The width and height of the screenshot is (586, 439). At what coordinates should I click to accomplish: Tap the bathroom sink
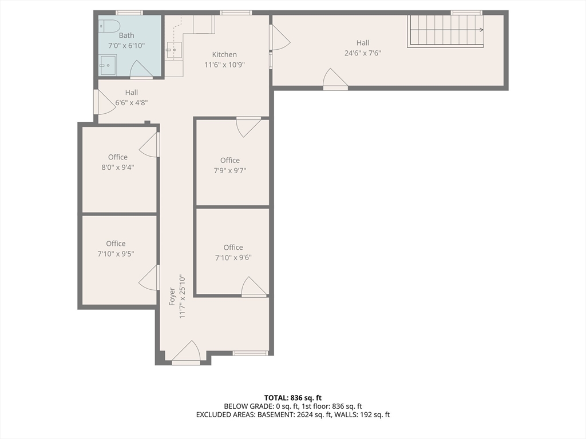pos(107,65)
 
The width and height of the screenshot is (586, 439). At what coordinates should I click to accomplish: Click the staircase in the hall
pos(445,31)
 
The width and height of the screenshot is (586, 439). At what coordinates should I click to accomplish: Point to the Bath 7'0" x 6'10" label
pos(126,40)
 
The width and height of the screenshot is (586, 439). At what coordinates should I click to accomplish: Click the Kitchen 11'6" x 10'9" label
pos(224,59)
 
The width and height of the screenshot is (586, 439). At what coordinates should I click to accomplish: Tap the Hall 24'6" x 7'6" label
pos(363,48)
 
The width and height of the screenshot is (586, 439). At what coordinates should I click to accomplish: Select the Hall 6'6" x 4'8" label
pos(132,98)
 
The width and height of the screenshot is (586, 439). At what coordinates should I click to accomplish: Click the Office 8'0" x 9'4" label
pos(118,162)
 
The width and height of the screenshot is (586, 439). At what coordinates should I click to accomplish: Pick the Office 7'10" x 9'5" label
pos(116,249)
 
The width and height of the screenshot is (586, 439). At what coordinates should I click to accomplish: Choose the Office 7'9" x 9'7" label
pos(230,165)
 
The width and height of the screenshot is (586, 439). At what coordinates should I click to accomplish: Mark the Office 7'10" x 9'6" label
pos(233,252)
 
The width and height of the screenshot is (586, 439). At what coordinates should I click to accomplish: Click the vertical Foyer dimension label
pos(177,297)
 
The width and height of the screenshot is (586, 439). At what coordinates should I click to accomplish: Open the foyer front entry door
pos(187,354)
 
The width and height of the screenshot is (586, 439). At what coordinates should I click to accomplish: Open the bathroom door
pos(141,71)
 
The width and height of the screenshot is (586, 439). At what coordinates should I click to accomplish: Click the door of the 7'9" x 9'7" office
pos(248,125)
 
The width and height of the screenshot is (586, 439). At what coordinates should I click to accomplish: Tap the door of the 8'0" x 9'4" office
pos(151,145)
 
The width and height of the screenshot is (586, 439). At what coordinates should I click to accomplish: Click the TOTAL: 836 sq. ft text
pos(292,398)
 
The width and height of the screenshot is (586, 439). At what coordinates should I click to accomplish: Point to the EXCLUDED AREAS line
pos(292,415)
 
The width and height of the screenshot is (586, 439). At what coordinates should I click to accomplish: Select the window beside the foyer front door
pos(250,353)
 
